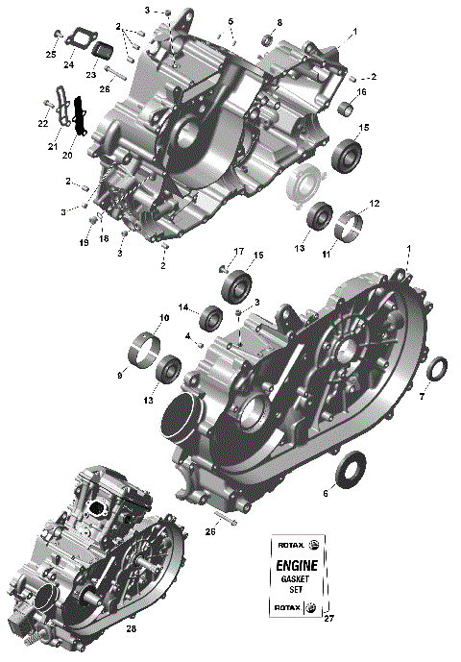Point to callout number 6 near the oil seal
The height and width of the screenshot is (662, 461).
325,493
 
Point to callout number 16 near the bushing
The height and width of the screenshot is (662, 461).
362,92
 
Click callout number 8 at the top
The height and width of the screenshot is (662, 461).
279,22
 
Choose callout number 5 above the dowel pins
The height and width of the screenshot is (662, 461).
230,20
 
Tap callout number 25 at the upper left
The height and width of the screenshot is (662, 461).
51,54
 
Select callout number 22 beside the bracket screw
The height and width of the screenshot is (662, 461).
43,123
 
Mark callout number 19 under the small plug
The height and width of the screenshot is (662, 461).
85,243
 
